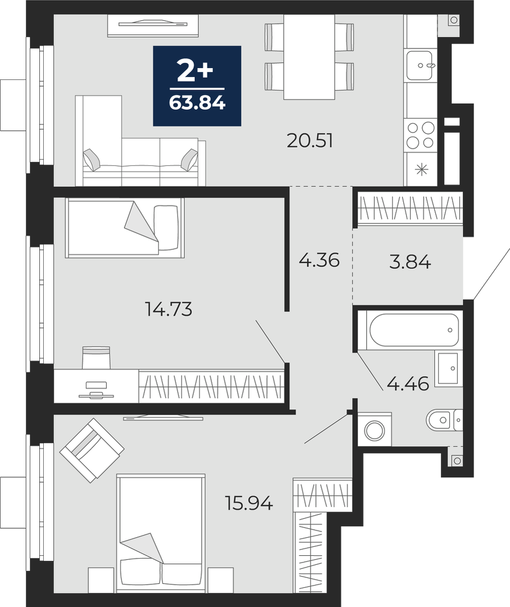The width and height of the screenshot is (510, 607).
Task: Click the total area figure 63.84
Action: pyautogui.click(x=197, y=103)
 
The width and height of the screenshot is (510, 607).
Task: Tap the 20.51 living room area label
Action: pyautogui.click(x=310, y=141)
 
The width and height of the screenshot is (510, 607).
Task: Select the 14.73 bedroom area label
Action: pyautogui.click(x=169, y=309)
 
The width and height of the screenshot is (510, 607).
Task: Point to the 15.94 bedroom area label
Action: pyautogui.click(x=249, y=503)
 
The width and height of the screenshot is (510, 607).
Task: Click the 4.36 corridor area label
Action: pyautogui.click(x=319, y=260)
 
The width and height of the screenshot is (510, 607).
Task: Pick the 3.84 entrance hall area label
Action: pyautogui.click(x=410, y=263)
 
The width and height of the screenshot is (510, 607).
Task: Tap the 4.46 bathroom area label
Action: pyautogui.click(x=408, y=384)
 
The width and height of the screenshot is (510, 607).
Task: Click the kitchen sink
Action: pyautogui.click(x=420, y=65)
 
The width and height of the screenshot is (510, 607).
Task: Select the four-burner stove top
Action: pyautogui.click(x=420, y=135)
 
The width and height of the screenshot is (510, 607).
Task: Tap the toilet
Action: pyautogui.click(x=444, y=419)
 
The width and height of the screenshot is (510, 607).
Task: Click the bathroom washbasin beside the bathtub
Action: pyautogui.click(x=448, y=368)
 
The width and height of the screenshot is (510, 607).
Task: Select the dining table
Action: pyautogui.click(x=309, y=57)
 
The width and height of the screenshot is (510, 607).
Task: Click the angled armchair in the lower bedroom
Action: pyautogui.click(x=92, y=451)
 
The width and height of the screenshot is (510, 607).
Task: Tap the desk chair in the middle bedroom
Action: pyautogui.click(x=97, y=357)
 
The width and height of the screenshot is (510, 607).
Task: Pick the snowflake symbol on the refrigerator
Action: pyautogui.click(x=421, y=169)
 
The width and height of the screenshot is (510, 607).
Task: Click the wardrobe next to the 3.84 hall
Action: pyautogui.click(x=410, y=209)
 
